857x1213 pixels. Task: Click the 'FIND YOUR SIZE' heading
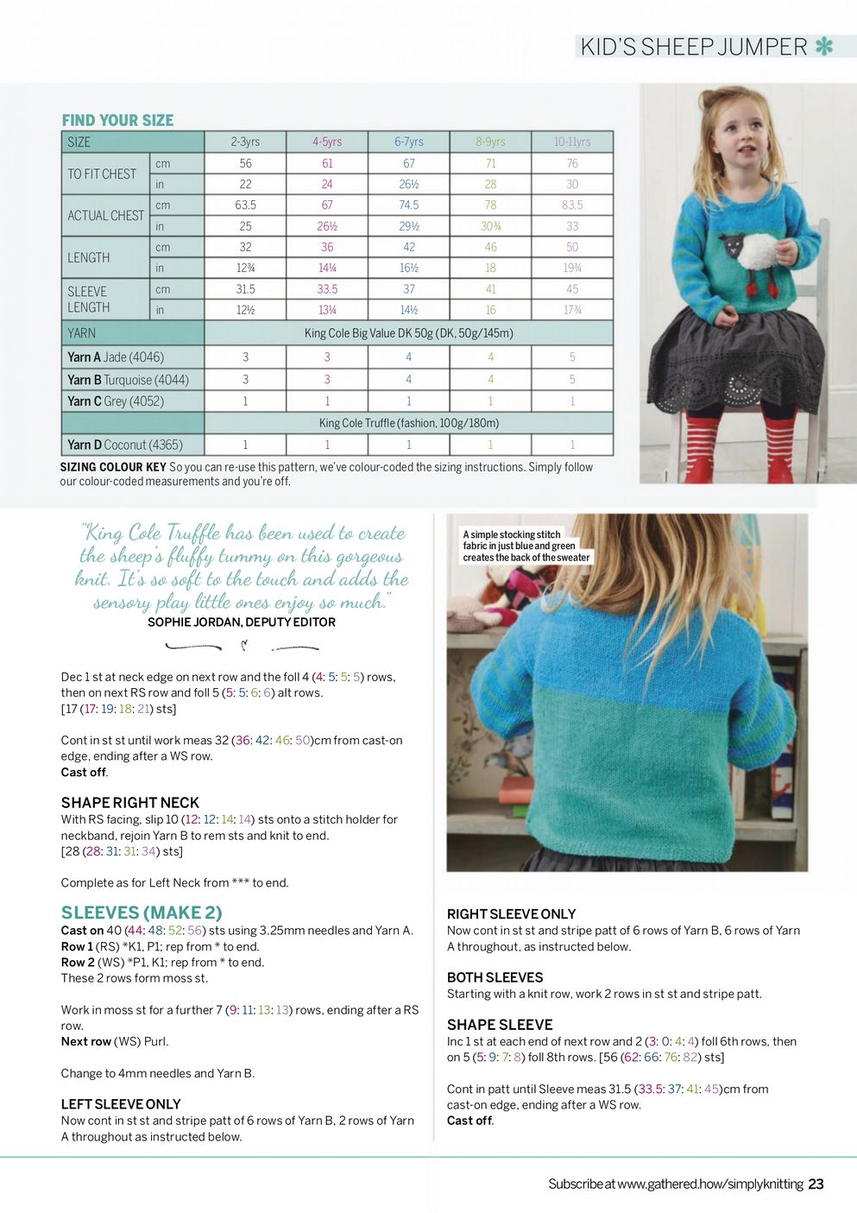click(117, 120)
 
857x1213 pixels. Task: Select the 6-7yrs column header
click(409, 142)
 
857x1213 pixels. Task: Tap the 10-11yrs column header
click(572, 142)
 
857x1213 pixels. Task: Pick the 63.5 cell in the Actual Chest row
click(245, 205)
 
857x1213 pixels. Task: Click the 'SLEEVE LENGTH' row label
click(89, 299)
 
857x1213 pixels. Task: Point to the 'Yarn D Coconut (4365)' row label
click(125, 445)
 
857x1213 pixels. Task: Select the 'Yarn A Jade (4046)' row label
click(116, 357)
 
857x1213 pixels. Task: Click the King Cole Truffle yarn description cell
click(409, 423)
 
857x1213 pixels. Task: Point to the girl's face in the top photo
click(741, 130)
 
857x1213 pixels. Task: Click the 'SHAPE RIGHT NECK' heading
click(129, 802)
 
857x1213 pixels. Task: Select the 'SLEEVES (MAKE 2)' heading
click(142, 913)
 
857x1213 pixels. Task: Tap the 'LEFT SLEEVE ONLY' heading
click(121, 1104)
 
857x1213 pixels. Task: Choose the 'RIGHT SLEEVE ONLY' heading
click(511, 914)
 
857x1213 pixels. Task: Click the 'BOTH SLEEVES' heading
click(495, 977)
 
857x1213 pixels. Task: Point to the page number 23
click(816, 1185)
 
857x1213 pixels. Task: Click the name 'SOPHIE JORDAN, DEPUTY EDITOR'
click(242, 622)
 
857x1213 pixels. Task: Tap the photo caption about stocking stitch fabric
click(526, 546)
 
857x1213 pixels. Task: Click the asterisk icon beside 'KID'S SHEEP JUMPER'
click(824, 47)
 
